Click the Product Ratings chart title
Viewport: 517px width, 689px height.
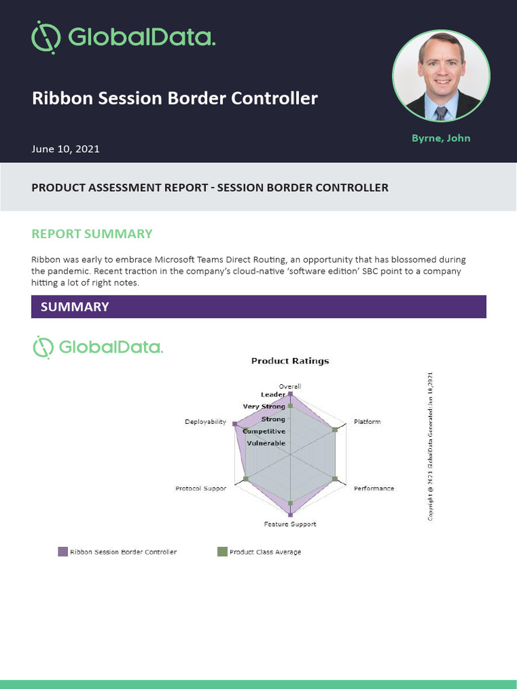tap(290, 361)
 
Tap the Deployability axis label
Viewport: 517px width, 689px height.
tap(205, 422)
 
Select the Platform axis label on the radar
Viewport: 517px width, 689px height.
tap(367, 422)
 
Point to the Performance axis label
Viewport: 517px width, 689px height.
tap(374, 488)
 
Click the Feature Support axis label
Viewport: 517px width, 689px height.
tap(289, 523)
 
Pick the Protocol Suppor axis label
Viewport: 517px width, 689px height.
tap(201, 488)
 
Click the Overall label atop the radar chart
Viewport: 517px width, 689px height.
tap(290, 386)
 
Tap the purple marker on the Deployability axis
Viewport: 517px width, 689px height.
tap(234, 424)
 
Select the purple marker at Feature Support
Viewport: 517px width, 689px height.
tap(290, 515)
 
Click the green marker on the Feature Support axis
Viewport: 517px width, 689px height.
tap(290, 503)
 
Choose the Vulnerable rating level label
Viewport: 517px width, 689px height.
tap(266, 443)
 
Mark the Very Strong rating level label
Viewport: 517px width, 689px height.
tap(264, 406)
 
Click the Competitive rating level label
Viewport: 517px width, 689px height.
tap(264, 431)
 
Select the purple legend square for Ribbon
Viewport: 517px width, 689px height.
tap(63, 552)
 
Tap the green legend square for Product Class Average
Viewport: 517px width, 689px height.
tap(222, 552)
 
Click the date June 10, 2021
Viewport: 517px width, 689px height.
tap(65, 149)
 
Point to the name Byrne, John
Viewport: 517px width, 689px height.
tap(441, 138)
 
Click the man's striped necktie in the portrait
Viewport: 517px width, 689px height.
tap(441, 112)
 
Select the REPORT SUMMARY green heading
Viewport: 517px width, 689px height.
tap(92, 234)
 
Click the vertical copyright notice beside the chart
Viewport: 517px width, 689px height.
tap(430, 445)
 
